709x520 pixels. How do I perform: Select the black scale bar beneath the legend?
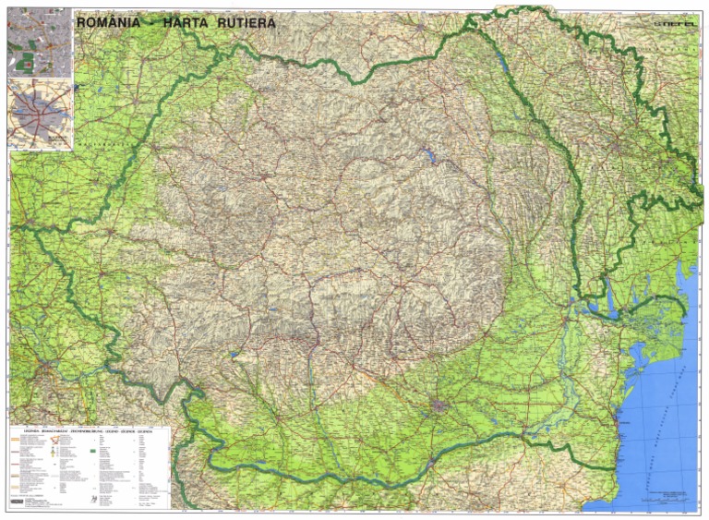coord(28,502)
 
